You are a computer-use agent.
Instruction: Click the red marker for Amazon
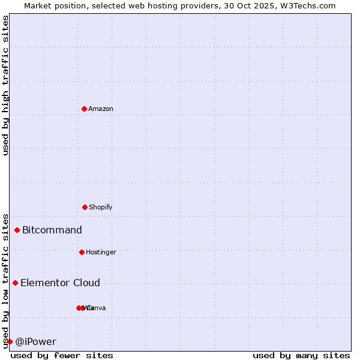pos(85,109)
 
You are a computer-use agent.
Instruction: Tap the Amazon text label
pos(101,109)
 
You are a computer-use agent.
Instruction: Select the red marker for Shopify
pos(85,207)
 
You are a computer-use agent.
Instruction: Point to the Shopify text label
pos(101,207)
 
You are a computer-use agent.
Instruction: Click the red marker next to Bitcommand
pos(17,230)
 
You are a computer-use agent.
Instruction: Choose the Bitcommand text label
pos(52,230)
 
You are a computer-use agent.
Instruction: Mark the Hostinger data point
pos(82,252)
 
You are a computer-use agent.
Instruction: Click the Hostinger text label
pos(101,252)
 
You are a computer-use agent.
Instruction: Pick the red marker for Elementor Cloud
pos(15,283)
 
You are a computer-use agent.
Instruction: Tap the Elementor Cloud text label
pos(60,283)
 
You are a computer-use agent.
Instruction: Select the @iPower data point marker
pos(10,341)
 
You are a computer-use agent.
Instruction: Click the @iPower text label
pos(36,341)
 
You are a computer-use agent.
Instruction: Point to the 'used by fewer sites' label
pos(62,355)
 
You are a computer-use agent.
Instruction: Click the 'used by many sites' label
pos(301,355)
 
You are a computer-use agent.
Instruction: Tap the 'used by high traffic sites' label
pos(6,85)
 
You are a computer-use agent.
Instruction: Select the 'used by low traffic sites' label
pos(6,280)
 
